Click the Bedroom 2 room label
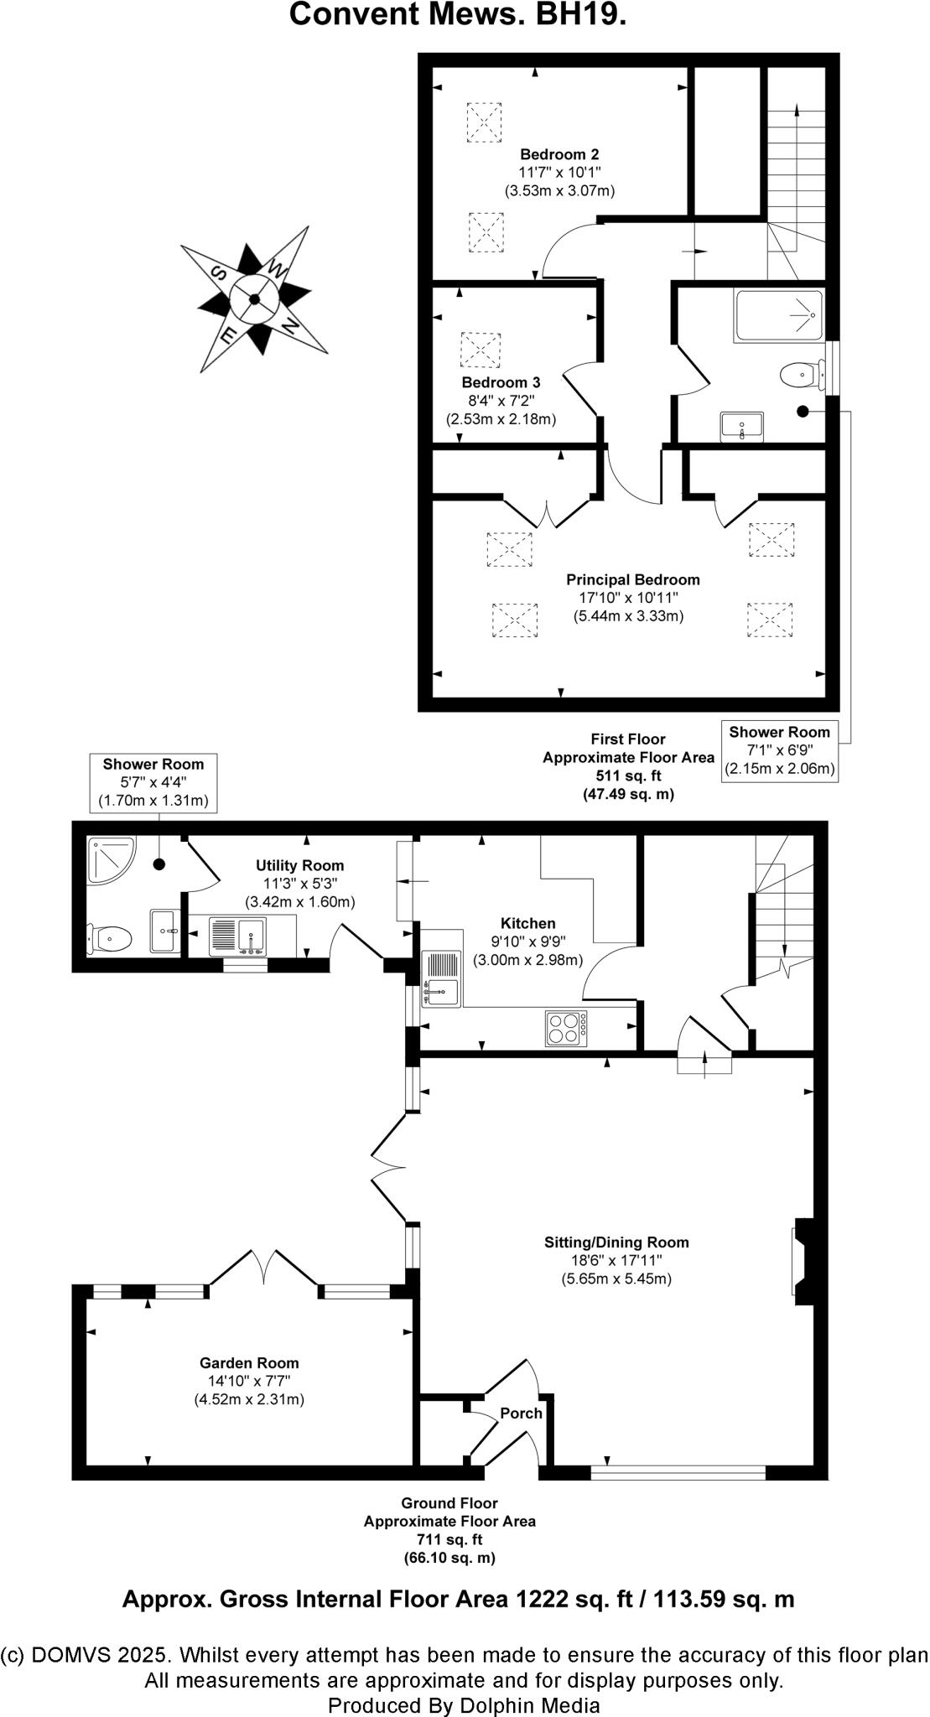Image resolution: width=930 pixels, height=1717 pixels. (x=559, y=154)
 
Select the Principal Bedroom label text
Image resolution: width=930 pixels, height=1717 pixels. (x=632, y=579)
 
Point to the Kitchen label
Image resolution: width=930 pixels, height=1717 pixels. (x=527, y=923)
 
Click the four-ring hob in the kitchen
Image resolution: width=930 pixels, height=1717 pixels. (x=567, y=1028)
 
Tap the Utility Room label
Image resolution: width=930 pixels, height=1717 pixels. (x=299, y=865)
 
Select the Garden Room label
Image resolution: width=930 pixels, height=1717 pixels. (x=249, y=1363)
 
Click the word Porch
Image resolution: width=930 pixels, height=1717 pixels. (x=521, y=1413)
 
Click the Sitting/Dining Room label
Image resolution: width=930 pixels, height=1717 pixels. (x=616, y=1242)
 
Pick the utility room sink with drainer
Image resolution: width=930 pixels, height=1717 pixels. (x=237, y=936)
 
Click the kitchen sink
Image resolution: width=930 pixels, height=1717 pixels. (x=441, y=978)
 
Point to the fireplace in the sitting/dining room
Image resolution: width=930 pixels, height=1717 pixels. (x=803, y=1260)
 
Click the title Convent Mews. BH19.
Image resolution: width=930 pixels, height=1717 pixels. (x=458, y=14)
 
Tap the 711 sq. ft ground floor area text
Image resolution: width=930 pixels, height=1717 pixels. (x=449, y=1539)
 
